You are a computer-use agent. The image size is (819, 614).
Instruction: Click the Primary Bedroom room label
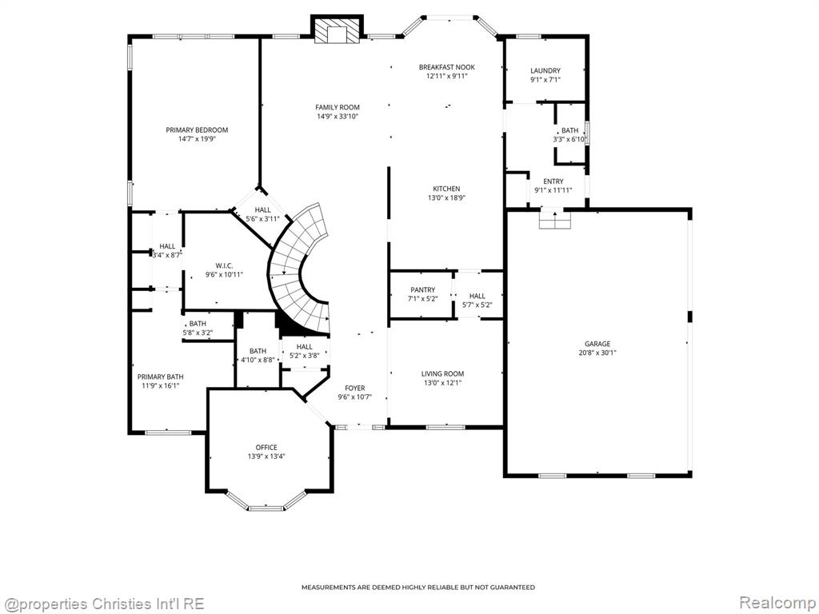[197, 130]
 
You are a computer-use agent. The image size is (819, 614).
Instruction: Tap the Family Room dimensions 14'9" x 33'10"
[338, 117]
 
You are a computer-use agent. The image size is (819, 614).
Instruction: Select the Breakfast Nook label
[446, 67]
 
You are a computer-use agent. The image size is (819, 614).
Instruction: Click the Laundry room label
[545, 70]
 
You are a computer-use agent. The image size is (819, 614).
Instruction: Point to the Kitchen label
[446, 189]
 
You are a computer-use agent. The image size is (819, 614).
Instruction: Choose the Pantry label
[422, 289]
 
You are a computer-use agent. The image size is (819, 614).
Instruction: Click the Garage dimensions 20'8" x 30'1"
[597, 353]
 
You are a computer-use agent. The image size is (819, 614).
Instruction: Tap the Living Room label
[442, 374]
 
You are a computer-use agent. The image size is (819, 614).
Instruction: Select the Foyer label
[354, 388]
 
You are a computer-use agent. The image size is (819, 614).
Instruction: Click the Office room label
[266, 448]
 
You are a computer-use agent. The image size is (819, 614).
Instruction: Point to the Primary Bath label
[160, 377]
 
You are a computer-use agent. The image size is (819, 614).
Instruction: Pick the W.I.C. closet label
[224, 265]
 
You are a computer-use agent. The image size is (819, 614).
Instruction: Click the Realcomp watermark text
[777, 603]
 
